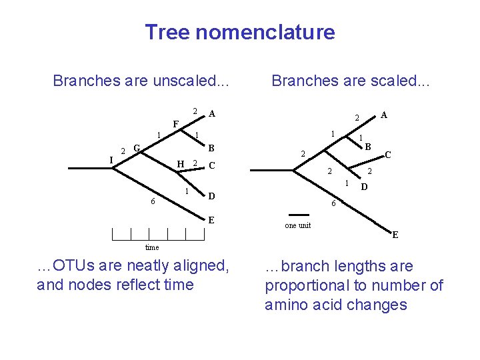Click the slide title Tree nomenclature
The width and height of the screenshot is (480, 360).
point(240,32)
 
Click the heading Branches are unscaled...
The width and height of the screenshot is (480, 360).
point(141,81)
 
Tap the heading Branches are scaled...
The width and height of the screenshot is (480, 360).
point(351,81)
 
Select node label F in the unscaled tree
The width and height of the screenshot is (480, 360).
point(175,124)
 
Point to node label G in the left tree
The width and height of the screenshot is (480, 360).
point(136,147)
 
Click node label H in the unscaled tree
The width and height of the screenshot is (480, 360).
point(180,164)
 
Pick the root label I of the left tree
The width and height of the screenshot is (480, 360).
point(111,159)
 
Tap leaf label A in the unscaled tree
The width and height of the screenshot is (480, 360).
point(211,113)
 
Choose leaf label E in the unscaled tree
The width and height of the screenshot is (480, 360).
point(211,220)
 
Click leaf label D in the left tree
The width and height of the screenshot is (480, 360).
point(211,196)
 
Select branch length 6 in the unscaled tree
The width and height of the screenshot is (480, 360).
point(153,202)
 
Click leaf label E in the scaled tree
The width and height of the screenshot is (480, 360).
point(395,235)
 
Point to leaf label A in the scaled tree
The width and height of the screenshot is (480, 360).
point(383,115)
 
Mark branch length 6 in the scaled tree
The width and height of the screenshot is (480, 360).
point(334,204)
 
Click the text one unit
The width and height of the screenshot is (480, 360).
point(297,225)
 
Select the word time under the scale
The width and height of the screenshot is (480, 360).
point(152,247)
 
